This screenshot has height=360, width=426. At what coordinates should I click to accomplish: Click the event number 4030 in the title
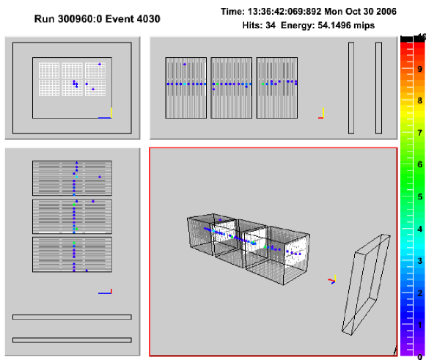[148, 19]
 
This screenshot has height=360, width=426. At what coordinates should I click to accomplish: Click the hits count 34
[271, 25]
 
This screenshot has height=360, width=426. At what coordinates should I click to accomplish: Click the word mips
[365, 26]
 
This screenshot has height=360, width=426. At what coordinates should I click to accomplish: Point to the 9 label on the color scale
[420, 69]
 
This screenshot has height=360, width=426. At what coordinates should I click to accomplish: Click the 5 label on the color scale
[420, 196]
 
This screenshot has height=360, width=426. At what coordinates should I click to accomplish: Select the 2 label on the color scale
[420, 293]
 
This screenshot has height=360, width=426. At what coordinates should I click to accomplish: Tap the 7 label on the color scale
[420, 133]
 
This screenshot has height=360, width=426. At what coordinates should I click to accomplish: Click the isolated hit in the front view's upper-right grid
[100, 64]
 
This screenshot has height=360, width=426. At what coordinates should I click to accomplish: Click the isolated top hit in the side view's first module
[185, 64]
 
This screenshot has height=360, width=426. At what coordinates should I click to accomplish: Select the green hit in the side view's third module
[262, 84]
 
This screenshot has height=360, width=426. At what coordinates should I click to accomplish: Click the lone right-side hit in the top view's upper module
[100, 177]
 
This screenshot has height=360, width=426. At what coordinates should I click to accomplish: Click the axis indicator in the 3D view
[332, 279]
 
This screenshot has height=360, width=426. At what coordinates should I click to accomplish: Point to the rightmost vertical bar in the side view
[378, 88]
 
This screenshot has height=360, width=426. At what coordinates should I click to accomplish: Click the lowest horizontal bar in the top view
[72, 340]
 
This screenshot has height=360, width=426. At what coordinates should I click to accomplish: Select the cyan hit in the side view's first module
[185, 84]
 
